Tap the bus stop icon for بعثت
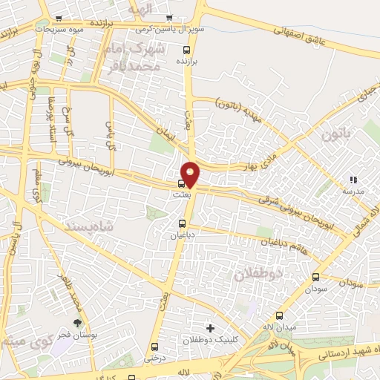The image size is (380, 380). pyautogui.click(x=181, y=183)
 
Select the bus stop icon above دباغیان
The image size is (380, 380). pyautogui.click(x=182, y=223)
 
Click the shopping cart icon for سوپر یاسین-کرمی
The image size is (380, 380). pyautogui.click(x=169, y=18)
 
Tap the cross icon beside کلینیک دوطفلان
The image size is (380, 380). pyautogui.click(x=210, y=328)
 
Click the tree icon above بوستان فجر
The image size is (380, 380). pyautogui.click(x=77, y=323)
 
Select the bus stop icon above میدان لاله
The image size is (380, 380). pyautogui.click(x=279, y=315)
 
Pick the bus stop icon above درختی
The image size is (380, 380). pyautogui.click(x=154, y=346)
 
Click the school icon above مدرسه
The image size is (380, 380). pyautogui.click(x=353, y=179)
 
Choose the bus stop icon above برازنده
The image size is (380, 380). pyautogui.click(x=187, y=49)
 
